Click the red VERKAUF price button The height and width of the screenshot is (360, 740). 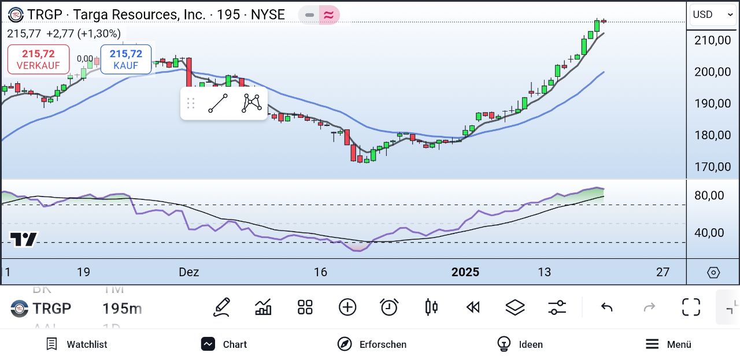[39, 60]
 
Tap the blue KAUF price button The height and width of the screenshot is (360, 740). [126, 60]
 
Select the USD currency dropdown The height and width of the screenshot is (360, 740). [712, 15]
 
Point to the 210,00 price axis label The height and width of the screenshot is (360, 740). [712, 40]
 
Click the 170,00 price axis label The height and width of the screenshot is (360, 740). [712, 167]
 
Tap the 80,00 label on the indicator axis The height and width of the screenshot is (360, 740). [709, 195]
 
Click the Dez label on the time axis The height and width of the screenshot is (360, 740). [189, 272]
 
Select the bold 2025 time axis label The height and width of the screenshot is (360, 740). [465, 272]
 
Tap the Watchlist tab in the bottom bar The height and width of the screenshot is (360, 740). [77, 344]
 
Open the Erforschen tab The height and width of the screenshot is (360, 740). [372, 344]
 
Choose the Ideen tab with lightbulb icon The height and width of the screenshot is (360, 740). [520, 344]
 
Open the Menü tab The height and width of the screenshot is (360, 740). [668, 344]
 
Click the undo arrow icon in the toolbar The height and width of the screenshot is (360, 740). [606, 307]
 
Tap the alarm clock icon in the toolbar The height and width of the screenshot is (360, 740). [389, 307]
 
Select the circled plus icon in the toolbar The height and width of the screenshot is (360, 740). [347, 307]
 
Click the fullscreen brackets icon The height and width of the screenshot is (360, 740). [691, 307]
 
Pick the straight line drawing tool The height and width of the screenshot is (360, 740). [218, 103]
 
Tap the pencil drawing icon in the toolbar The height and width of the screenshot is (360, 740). [221, 307]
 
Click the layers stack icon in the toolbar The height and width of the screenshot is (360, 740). [515, 307]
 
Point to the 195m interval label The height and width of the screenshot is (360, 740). [122, 309]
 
